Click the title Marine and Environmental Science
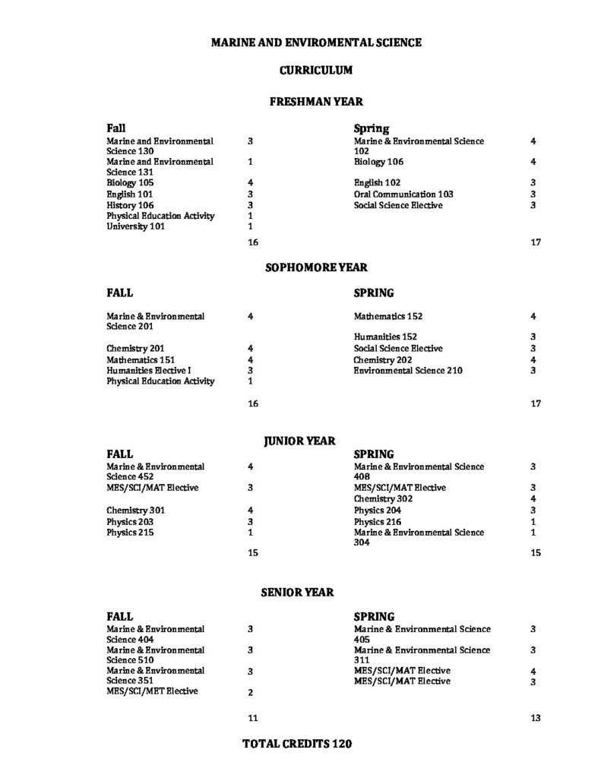pyautogui.click(x=315, y=43)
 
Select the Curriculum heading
pyautogui.click(x=315, y=70)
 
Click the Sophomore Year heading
pyautogui.click(x=315, y=267)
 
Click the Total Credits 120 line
pyautogui.click(x=297, y=744)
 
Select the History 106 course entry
pyautogui.click(x=130, y=205)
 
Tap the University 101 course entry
pyautogui.click(x=135, y=226)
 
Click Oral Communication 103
pyautogui.click(x=403, y=194)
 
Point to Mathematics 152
pyautogui.click(x=388, y=316)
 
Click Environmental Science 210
pyautogui.click(x=407, y=371)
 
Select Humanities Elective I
pyautogui.click(x=148, y=370)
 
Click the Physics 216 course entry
pyautogui.click(x=378, y=522)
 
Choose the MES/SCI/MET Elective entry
pyautogui.click(x=152, y=691)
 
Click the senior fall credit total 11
pyautogui.click(x=253, y=717)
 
